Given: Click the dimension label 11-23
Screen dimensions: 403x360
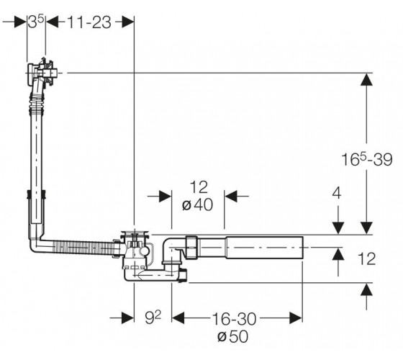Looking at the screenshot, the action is pyautogui.click(x=89, y=22).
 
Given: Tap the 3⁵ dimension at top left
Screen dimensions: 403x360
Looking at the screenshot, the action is pyautogui.click(x=36, y=22).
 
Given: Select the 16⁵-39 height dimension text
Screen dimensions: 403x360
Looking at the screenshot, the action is pyautogui.click(x=367, y=159).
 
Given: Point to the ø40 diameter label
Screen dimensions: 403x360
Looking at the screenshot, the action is pyautogui.click(x=197, y=205).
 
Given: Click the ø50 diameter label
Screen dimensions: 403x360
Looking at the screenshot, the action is pyautogui.click(x=232, y=336).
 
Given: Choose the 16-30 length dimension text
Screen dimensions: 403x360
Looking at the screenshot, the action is pyautogui.click(x=234, y=319).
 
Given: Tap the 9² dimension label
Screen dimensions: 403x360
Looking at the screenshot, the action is pyautogui.click(x=153, y=318).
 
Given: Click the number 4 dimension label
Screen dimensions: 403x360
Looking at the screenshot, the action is pyautogui.click(x=337, y=194).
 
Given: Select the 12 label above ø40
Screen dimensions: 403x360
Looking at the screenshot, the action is pyautogui.click(x=199, y=187).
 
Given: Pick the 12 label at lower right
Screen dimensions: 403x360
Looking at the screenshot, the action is pyautogui.click(x=366, y=258).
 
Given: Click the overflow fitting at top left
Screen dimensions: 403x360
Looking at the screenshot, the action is pyautogui.click(x=41, y=73).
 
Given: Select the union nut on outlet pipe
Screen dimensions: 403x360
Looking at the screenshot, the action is pyautogui.click(x=191, y=247).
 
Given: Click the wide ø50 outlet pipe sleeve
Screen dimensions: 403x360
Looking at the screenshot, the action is pyautogui.click(x=264, y=248).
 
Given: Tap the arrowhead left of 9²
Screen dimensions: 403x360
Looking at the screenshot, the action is pyautogui.click(x=127, y=318).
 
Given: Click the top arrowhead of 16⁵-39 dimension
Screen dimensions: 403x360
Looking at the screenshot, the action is pyautogui.click(x=366, y=79).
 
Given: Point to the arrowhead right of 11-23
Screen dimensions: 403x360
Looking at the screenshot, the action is pyautogui.click(x=128, y=22).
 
